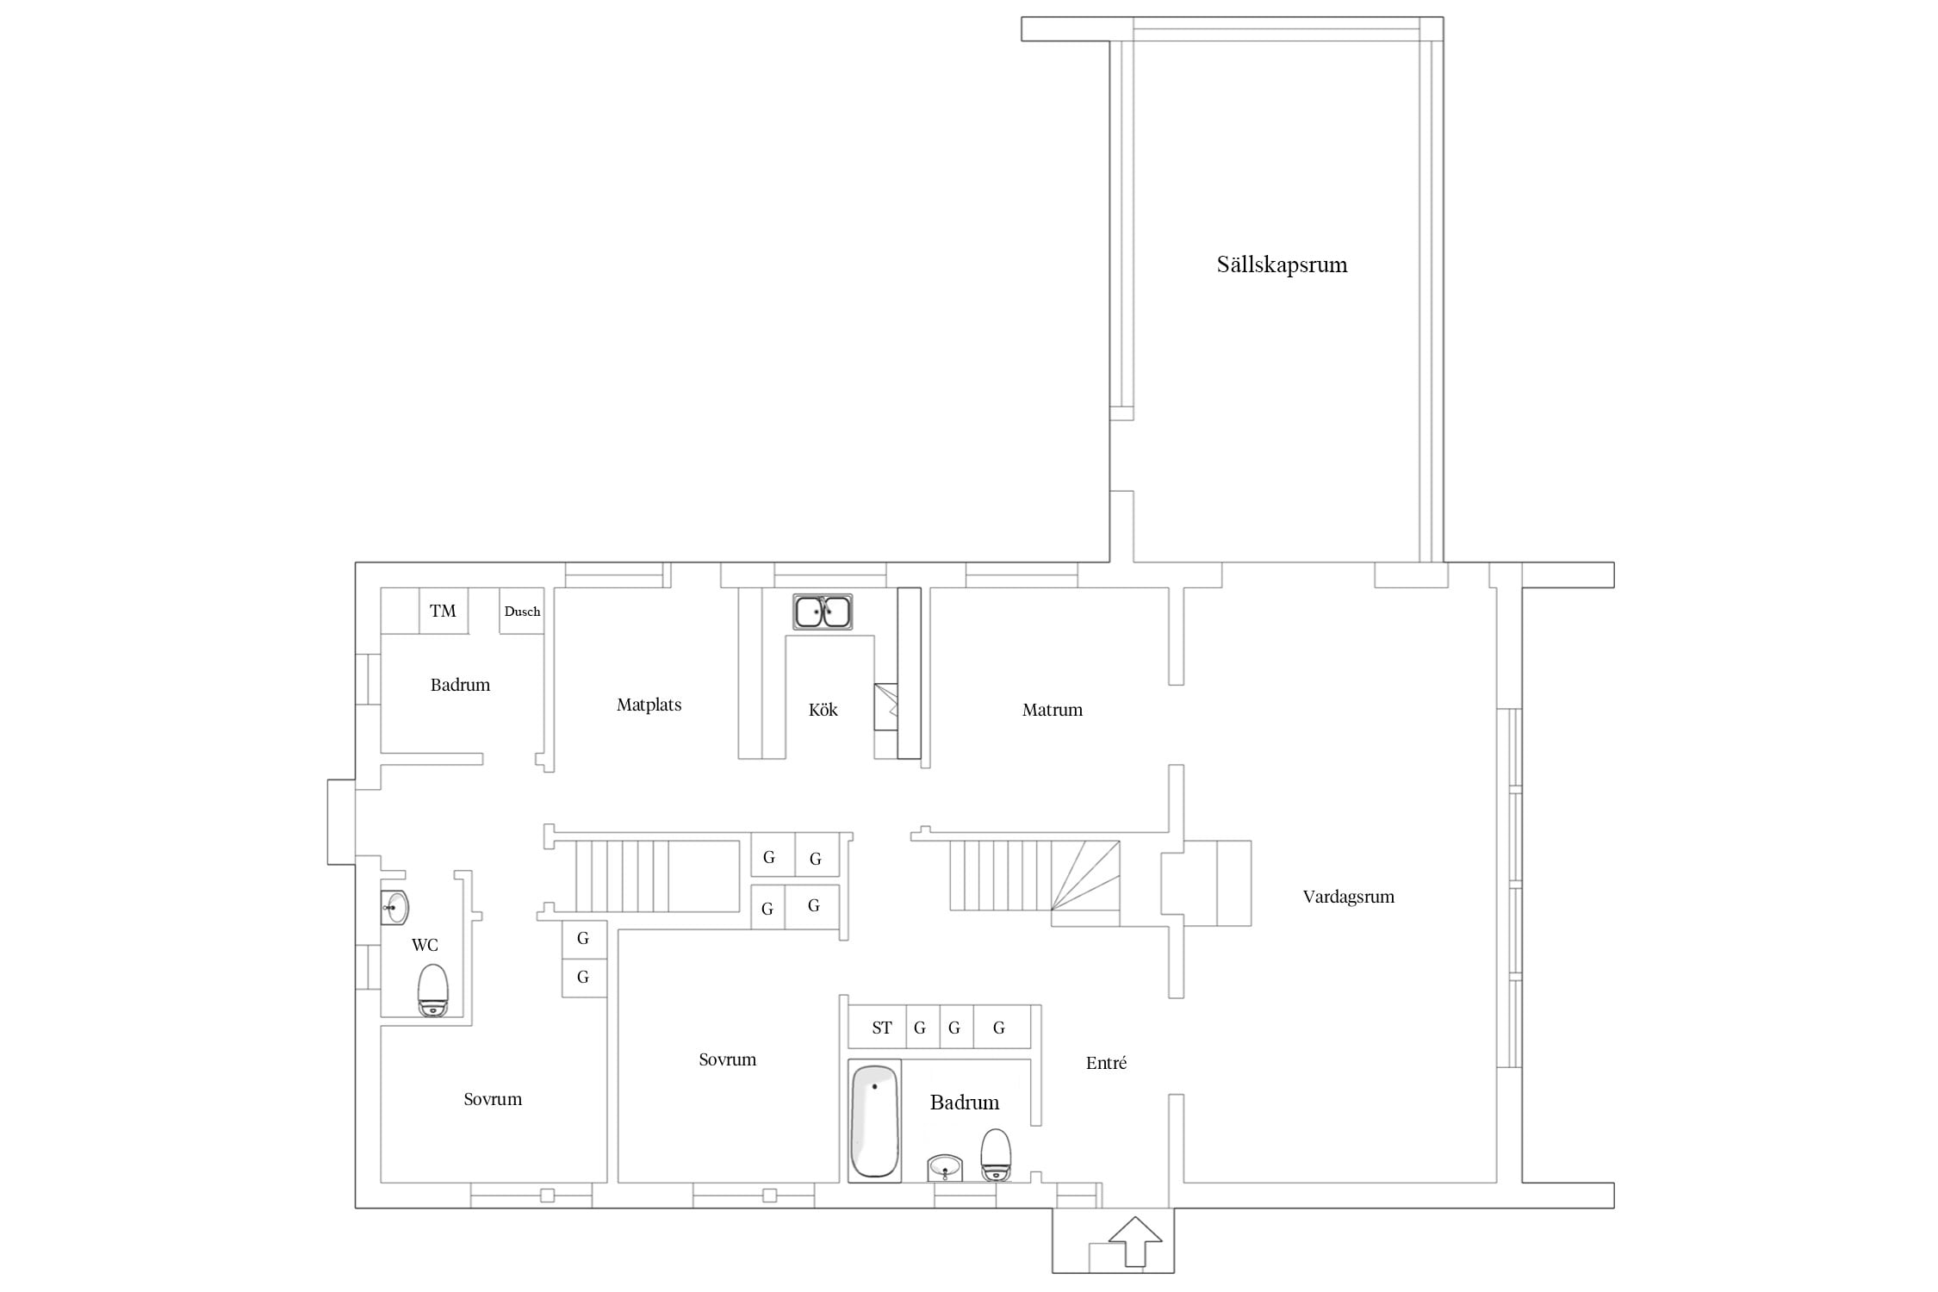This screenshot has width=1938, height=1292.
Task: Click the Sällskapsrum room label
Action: pyautogui.click(x=1282, y=264)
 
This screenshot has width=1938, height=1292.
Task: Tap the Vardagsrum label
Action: pyautogui.click(x=1348, y=897)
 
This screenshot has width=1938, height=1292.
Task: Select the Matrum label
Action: pyautogui.click(x=1052, y=710)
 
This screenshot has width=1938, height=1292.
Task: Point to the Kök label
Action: pyautogui.click(x=823, y=710)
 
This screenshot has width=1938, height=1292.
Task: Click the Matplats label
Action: pyautogui.click(x=649, y=705)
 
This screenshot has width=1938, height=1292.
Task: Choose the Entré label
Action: pyautogui.click(x=1106, y=1063)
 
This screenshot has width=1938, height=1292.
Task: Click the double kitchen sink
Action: pyautogui.click(x=823, y=612)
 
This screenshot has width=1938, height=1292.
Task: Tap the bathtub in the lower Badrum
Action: pyautogui.click(x=874, y=1121)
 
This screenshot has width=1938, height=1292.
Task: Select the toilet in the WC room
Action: pyautogui.click(x=433, y=990)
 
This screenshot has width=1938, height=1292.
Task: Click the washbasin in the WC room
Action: pyautogui.click(x=394, y=908)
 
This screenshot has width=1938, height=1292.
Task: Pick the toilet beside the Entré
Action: pyautogui.click(x=996, y=1155)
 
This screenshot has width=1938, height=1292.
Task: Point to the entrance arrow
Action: pyautogui.click(x=1135, y=1241)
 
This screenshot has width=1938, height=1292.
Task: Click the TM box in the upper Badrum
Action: pyautogui.click(x=443, y=611)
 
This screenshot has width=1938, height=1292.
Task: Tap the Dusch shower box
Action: pyautogui.click(x=522, y=611)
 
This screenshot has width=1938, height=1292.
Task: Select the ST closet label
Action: pyautogui.click(x=881, y=1028)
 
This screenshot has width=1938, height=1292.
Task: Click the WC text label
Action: pyautogui.click(x=425, y=945)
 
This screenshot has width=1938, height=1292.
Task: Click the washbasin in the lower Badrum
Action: pyautogui.click(x=945, y=1169)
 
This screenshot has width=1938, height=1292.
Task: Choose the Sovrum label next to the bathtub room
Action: pyautogui.click(x=727, y=1059)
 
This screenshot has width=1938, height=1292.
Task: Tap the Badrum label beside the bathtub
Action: pyautogui.click(x=965, y=1103)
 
